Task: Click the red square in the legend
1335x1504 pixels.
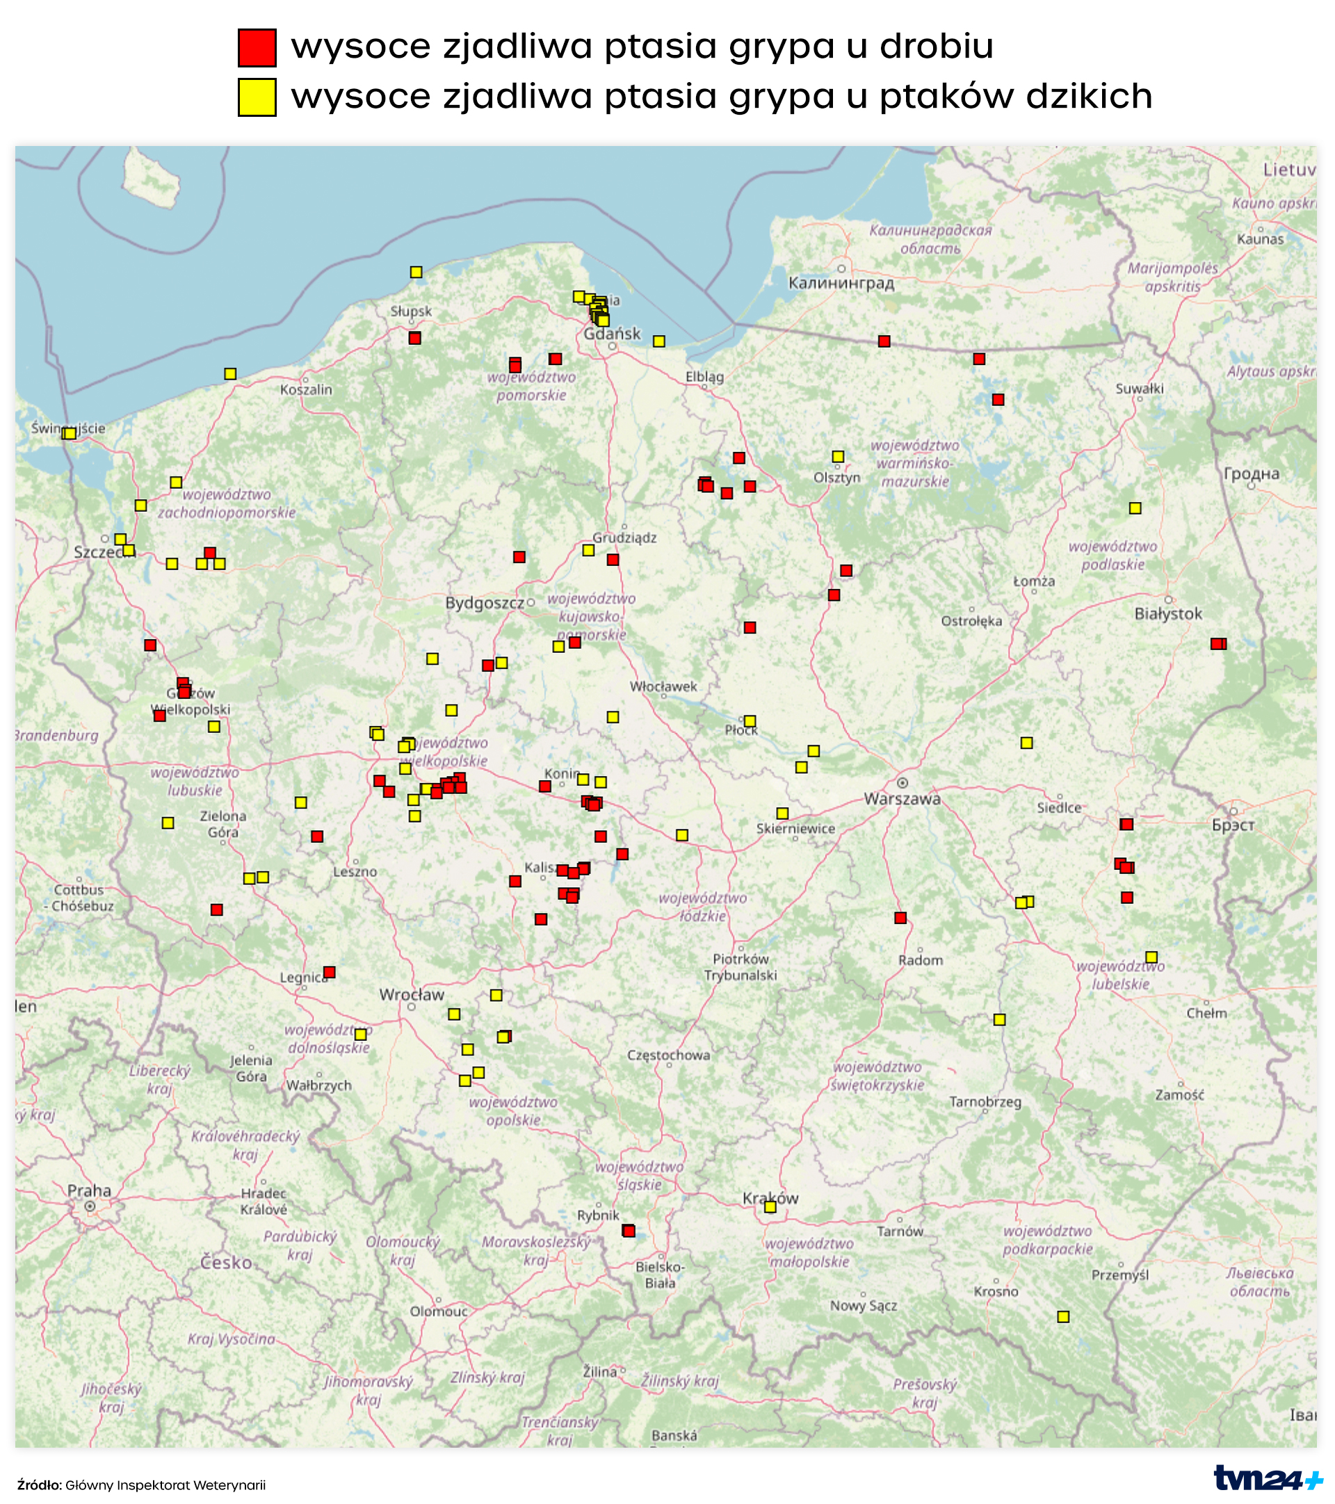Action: click(x=257, y=48)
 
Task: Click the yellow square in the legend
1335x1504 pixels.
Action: click(x=257, y=97)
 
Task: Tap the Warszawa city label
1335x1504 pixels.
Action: click(x=903, y=799)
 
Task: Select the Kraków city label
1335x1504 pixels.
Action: click(x=770, y=1199)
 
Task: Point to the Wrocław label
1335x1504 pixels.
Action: click(x=412, y=995)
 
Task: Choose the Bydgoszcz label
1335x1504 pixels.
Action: click(x=484, y=604)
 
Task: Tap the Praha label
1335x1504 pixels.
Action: click(x=89, y=1190)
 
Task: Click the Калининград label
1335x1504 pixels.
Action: click(x=841, y=283)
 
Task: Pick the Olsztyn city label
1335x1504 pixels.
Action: click(x=836, y=478)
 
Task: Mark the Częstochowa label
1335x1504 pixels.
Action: click(x=668, y=1055)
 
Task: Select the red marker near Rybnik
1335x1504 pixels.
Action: click(x=629, y=1231)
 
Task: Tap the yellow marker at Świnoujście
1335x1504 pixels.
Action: click(x=69, y=433)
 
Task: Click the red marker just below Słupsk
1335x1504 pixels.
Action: click(x=414, y=338)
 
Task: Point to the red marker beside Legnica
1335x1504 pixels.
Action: click(x=329, y=973)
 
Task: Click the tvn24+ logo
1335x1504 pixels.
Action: click(x=1268, y=1478)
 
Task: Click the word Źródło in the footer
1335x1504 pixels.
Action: click(x=39, y=1485)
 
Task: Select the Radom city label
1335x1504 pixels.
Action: click(x=920, y=960)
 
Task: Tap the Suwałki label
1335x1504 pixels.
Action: click(x=1139, y=389)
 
